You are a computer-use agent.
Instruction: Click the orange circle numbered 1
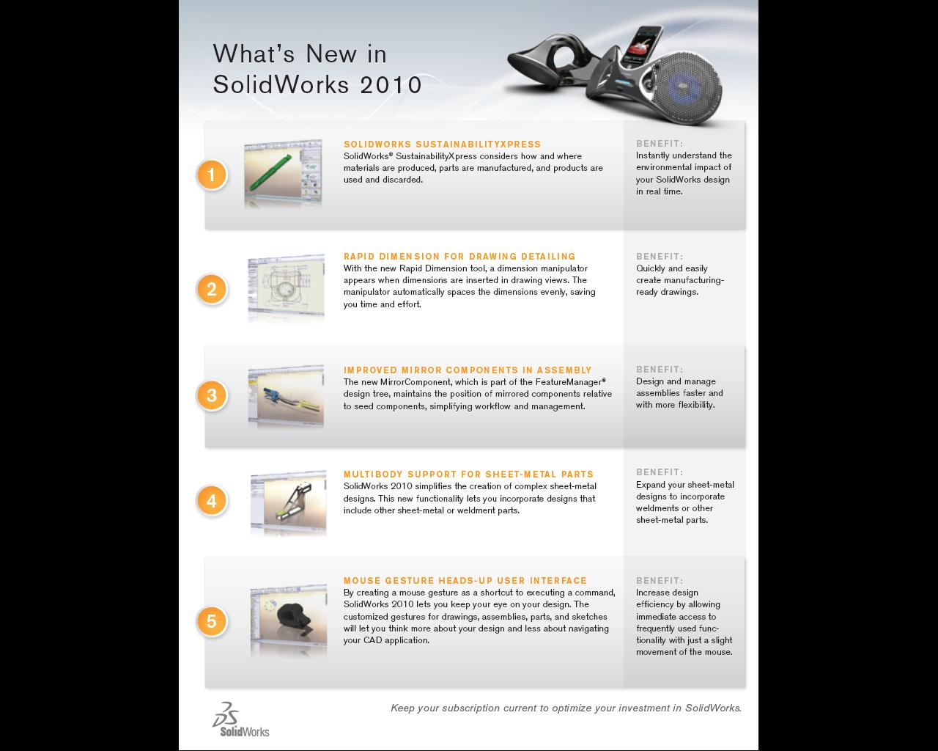click(x=211, y=175)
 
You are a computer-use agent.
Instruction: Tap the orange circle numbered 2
click(x=211, y=289)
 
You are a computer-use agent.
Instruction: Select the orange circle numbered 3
click(x=211, y=395)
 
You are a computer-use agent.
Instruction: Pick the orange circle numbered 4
click(x=211, y=500)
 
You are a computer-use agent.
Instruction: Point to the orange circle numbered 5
click(x=211, y=621)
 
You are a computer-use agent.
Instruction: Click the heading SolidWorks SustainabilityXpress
click(x=442, y=144)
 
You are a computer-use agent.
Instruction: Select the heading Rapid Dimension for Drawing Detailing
click(x=459, y=257)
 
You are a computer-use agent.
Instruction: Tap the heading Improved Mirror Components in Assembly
click(x=468, y=370)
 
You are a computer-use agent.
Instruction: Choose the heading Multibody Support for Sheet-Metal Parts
click(x=468, y=475)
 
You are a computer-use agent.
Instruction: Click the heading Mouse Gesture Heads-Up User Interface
click(x=465, y=581)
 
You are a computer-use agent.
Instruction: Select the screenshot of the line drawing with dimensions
click(x=286, y=287)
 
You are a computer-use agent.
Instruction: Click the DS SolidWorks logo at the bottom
click(x=240, y=719)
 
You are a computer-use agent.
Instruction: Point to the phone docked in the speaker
click(x=640, y=45)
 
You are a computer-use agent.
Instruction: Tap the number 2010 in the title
click(x=391, y=84)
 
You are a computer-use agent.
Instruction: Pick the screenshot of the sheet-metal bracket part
click(x=289, y=502)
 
